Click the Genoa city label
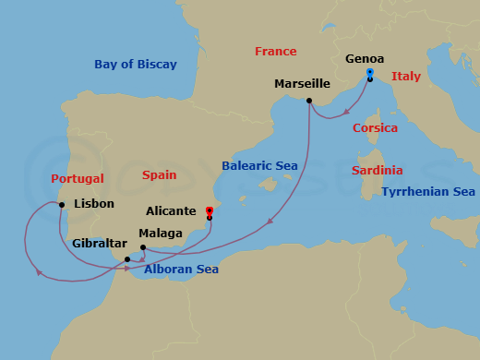365,59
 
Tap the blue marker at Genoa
369,72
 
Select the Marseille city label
302,84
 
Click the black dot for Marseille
308,101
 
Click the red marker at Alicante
210,210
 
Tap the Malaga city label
160,234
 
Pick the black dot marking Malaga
142,246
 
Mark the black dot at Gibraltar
126,259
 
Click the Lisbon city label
93,203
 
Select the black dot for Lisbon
62,204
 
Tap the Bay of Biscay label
135,65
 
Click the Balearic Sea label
259,166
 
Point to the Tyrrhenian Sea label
427,192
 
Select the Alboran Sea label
181,270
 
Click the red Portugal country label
78,178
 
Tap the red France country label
276,52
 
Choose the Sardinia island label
378,171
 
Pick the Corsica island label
376,128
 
